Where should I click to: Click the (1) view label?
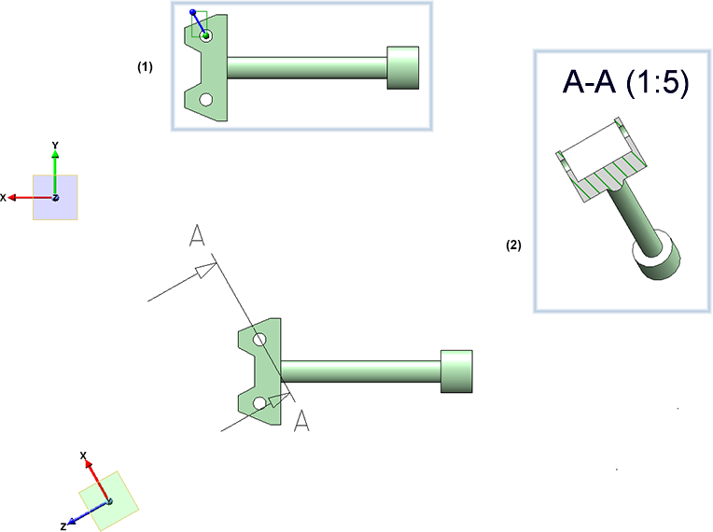(x=145, y=67)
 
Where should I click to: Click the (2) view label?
(x=513, y=245)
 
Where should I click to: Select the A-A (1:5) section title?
(x=625, y=83)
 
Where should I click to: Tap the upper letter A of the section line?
(x=196, y=237)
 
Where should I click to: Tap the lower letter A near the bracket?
(x=301, y=421)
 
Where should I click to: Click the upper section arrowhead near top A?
(x=203, y=272)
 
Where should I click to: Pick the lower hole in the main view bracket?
(x=259, y=403)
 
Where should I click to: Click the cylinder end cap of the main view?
(x=455, y=371)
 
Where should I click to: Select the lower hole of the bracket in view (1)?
(x=205, y=98)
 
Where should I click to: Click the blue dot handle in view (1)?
(x=193, y=13)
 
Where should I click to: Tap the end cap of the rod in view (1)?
(x=402, y=68)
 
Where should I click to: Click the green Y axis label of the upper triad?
(x=56, y=145)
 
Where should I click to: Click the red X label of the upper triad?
(x=5, y=197)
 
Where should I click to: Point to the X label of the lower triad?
(x=84, y=455)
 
